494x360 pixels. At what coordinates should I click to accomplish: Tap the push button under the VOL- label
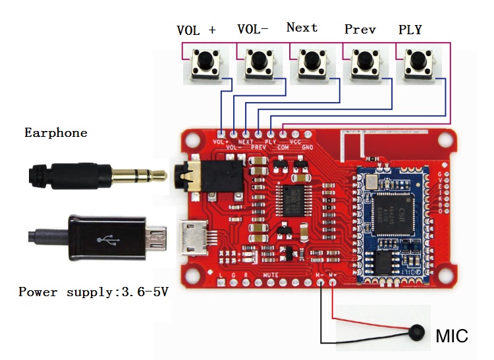click(258, 64)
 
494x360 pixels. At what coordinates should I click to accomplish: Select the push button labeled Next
click(312, 64)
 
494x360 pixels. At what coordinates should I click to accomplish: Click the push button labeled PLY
click(416, 64)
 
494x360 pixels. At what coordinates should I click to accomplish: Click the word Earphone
click(55, 133)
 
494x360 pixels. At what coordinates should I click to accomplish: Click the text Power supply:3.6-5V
click(93, 292)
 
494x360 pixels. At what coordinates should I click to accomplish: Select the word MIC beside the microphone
click(452, 337)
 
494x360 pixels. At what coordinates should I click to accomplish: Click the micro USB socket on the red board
click(194, 238)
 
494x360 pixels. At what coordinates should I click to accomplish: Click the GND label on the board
click(307, 147)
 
